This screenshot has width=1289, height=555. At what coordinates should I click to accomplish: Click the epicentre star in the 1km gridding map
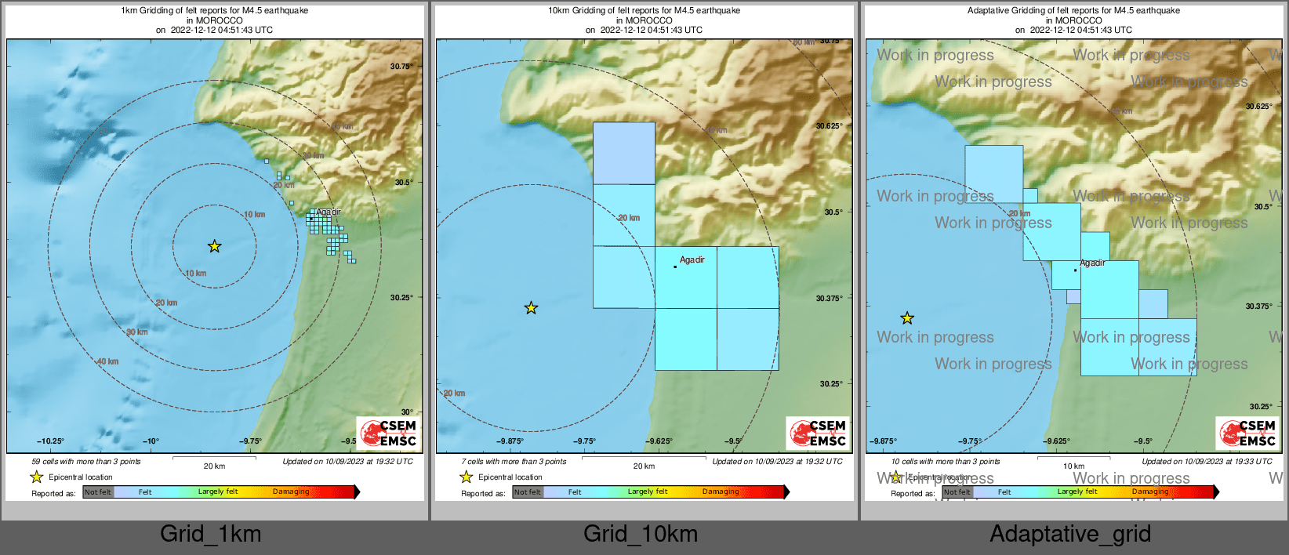click(x=214, y=246)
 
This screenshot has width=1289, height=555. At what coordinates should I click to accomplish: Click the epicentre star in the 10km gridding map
click(x=531, y=308)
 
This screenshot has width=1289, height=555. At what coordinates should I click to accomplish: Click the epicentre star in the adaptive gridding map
click(x=907, y=318)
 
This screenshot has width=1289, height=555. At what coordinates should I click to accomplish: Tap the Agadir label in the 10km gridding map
click(x=692, y=259)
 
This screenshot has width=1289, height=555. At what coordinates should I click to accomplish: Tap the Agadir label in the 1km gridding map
click(x=329, y=212)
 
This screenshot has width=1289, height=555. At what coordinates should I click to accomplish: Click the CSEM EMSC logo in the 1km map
click(x=388, y=433)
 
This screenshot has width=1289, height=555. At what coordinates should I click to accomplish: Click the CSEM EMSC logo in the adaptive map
click(x=1247, y=433)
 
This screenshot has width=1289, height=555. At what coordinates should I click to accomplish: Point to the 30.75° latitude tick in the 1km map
click(x=401, y=67)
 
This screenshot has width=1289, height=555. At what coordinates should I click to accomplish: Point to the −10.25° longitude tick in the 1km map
click(x=51, y=441)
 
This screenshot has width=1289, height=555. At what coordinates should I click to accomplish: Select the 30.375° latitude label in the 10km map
click(x=829, y=299)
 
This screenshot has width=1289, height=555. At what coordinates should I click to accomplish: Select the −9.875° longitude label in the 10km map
click(x=510, y=441)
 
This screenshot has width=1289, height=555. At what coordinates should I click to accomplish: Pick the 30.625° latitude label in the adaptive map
click(x=1259, y=107)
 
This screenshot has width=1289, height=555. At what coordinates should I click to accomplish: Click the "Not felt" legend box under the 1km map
click(x=98, y=492)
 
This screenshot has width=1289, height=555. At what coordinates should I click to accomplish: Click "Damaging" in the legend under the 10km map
click(x=721, y=492)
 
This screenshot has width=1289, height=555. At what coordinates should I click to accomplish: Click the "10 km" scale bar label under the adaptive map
click(x=1073, y=466)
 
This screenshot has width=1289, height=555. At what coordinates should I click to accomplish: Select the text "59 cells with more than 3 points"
click(x=86, y=462)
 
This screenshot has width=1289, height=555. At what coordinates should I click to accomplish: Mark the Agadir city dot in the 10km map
click(x=675, y=267)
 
